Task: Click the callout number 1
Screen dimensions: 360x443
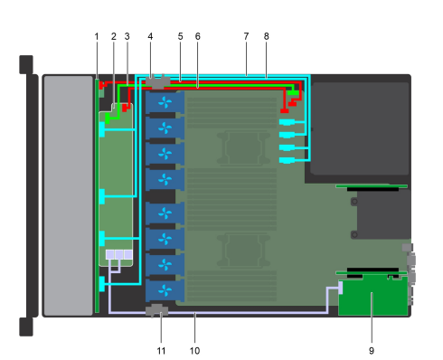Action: (97, 35)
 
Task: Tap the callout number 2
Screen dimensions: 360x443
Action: (113, 35)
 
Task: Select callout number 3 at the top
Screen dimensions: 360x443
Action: (127, 35)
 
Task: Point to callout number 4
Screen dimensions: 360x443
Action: (151, 35)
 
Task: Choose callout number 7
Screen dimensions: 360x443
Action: (246, 35)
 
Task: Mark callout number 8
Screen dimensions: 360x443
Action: (267, 35)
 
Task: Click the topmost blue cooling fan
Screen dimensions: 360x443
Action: (164, 102)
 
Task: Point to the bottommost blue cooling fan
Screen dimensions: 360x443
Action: (164, 289)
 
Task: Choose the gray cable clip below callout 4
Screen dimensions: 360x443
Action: (156, 81)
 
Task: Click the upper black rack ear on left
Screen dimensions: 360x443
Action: (25, 64)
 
